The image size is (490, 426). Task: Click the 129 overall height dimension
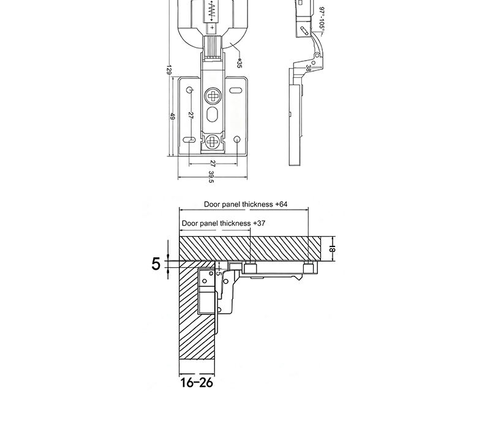[x=168, y=70]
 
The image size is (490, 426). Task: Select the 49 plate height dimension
[x=173, y=116]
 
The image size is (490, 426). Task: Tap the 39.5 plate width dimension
[x=211, y=177]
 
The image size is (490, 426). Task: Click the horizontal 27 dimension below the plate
[x=212, y=163]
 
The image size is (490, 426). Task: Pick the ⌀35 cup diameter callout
[x=239, y=63]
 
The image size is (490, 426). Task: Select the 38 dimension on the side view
[x=308, y=69]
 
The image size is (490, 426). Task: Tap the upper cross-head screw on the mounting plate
[x=213, y=95]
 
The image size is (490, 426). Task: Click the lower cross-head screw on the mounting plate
[x=213, y=142]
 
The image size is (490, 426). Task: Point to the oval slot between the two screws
[x=213, y=116]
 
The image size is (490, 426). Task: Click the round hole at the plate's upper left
[x=189, y=91]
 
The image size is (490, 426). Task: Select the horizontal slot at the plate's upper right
[x=236, y=91]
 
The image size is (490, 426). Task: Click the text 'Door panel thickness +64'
[x=246, y=205]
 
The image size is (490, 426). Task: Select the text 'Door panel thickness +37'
[x=224, y=224]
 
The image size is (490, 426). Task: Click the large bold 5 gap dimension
[x=156, y=264]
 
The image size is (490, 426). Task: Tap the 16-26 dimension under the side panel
[x=197, y=383]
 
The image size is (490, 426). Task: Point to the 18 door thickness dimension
[x=332, y=248]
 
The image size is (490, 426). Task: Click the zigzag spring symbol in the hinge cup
[x=212, y=9]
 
